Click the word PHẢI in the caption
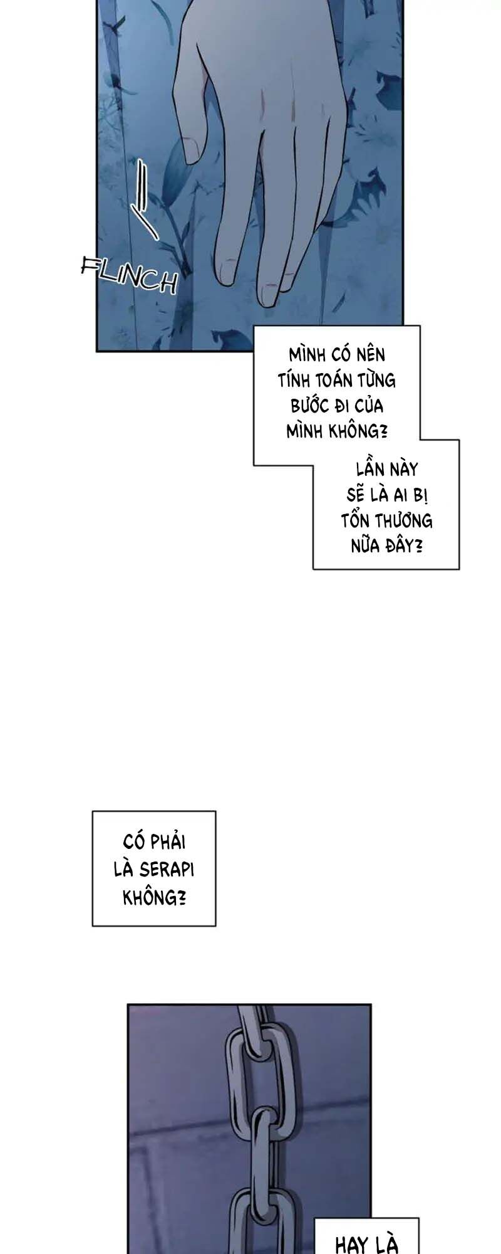click(169, 841)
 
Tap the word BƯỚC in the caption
click(310, 406)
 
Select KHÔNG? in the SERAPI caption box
click(154, 897)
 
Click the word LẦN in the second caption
click(369, 469)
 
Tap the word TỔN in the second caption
click(354, 520)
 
